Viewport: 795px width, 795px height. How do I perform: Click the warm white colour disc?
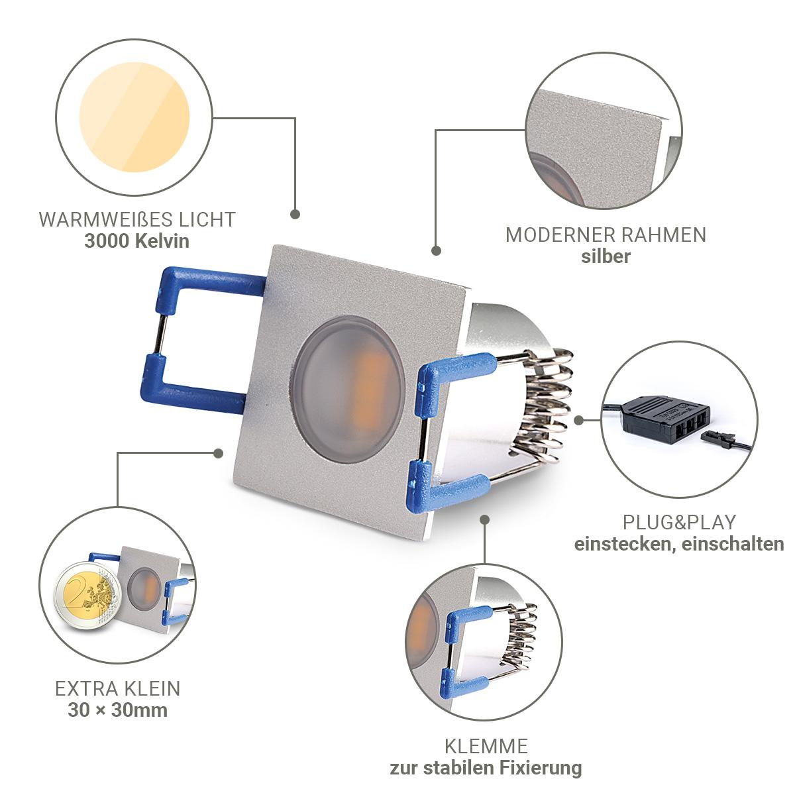click(x=134, y=117)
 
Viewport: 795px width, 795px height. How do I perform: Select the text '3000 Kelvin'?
click(x=136, y=241)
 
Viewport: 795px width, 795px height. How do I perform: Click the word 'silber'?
click(x=606, y=256)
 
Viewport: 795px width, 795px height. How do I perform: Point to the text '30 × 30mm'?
click(x=118, y=710)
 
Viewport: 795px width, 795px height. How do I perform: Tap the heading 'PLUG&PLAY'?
click(x=679, y=522)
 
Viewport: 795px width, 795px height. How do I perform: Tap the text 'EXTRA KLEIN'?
click(x=118, y=688)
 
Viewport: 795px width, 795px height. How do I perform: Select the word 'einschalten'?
click(x=733, y=544)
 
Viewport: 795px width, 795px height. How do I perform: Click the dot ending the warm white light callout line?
click(x=295, y=214)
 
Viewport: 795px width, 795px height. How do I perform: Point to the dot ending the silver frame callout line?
click(x=436, y=250)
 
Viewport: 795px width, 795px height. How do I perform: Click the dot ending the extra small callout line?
click(x=219, y=453)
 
